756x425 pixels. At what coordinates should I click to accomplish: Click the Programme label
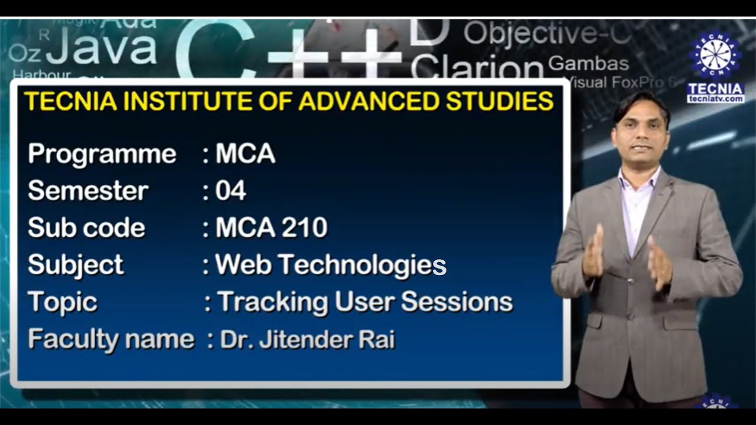102,155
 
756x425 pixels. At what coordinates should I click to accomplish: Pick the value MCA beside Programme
245,154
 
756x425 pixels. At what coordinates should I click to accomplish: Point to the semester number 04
231,191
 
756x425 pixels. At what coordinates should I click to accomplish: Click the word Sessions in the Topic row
457,302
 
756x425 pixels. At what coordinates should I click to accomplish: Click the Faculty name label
111,339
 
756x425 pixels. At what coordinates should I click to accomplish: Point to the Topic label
63,302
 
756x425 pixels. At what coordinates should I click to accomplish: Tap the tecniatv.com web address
715,99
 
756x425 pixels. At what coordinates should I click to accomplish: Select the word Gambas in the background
588,63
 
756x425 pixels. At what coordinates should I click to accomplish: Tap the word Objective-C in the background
546,34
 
